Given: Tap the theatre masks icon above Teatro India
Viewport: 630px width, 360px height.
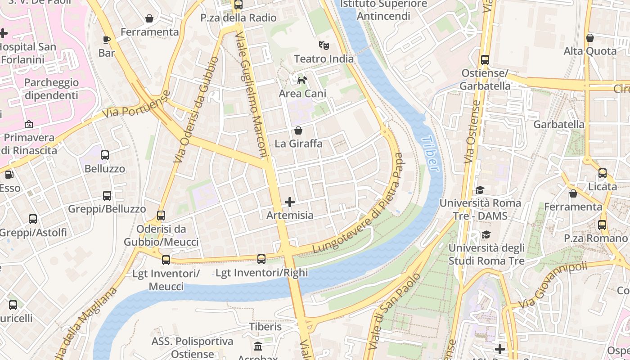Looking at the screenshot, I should pos(324,45).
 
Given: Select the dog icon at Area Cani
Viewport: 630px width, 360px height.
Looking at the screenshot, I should pos(302,80).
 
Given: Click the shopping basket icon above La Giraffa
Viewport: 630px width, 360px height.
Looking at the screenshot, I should pos(298,130).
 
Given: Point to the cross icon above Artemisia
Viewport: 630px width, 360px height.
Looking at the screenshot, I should pos(290,202).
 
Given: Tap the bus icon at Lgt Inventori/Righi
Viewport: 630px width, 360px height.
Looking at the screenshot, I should pos(261,259).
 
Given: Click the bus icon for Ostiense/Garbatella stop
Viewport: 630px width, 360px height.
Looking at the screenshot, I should pos(485,59).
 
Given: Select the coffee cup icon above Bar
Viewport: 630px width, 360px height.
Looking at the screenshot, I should pos(107,40).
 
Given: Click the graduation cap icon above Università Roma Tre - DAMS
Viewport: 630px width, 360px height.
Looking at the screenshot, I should pos(480,190).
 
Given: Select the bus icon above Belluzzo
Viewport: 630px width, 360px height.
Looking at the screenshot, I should pos(105,155).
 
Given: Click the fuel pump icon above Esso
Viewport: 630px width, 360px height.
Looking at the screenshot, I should pos(9,174).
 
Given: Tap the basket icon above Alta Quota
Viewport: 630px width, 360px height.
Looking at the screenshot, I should pos(589,38).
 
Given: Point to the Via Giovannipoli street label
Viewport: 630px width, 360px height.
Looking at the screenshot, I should pos(553,285).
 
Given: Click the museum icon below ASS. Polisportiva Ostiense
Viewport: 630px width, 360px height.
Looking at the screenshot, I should pos(258,346).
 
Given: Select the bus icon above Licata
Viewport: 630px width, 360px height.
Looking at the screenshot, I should pos(602,173).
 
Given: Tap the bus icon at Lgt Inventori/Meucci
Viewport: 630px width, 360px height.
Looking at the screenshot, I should pos(166,260).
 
